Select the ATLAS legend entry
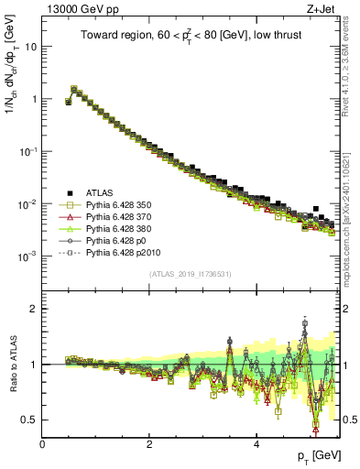click(102, 191)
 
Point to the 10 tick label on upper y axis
click(31, 46)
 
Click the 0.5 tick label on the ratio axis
click(30, 420)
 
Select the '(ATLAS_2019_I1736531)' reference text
click(191, 274)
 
